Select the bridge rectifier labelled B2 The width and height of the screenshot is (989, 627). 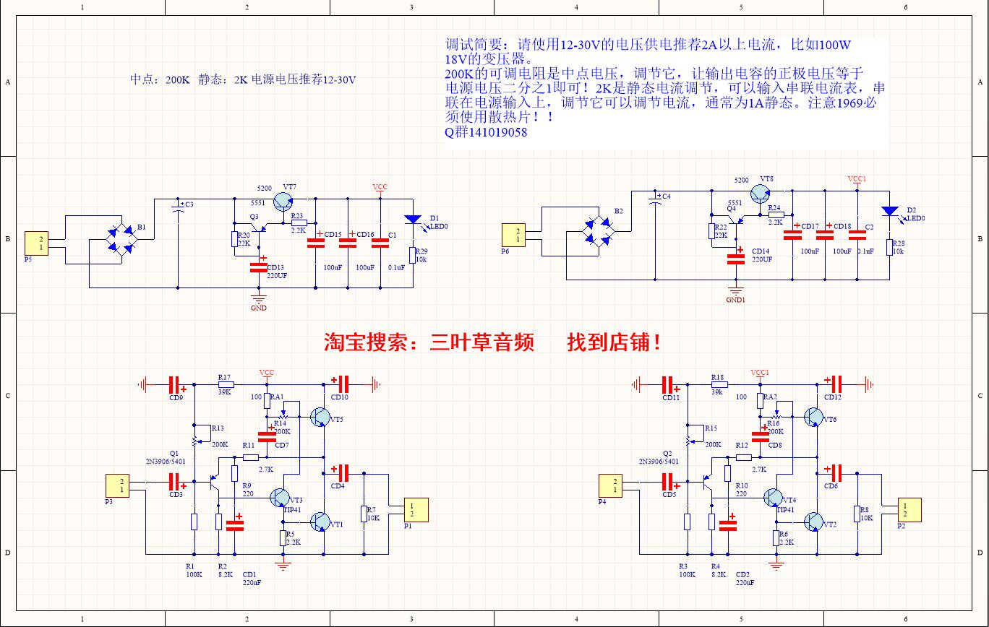[599, 231]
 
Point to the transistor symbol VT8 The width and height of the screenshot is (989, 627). [761, 194]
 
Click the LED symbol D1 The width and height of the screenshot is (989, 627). [413, 220]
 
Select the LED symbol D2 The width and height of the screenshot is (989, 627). [889, 211]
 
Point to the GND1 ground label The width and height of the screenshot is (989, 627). [736, 299]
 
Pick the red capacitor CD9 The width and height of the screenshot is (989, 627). [174, 385]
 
